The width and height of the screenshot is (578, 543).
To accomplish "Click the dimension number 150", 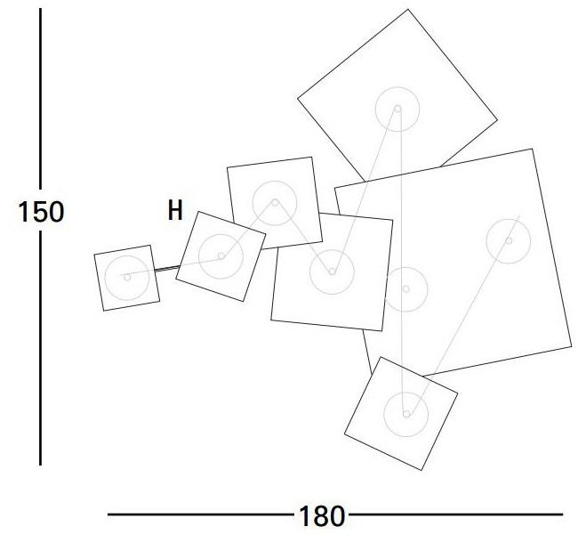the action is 41,212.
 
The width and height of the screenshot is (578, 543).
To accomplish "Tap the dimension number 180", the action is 321,515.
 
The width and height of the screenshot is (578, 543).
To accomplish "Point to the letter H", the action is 175,210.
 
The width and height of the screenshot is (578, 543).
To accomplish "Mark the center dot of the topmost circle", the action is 397,109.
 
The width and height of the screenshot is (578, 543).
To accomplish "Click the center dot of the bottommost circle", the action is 406,414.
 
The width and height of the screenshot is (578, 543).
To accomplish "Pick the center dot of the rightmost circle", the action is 509,240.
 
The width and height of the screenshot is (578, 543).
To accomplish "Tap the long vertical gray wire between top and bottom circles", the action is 403,261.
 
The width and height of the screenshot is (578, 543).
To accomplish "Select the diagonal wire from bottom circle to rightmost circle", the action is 464,314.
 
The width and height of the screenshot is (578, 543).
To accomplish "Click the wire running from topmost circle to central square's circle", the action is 365,190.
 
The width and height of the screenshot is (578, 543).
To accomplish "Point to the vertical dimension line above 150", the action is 40,99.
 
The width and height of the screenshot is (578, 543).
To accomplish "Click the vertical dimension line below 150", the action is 40,348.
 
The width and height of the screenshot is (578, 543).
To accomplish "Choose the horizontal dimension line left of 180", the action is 201,515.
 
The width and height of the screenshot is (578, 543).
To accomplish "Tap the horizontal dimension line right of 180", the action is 455,515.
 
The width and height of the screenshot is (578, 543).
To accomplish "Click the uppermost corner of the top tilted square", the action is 407,9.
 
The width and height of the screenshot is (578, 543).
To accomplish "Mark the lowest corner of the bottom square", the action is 421,470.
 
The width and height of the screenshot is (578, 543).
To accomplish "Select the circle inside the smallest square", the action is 105,278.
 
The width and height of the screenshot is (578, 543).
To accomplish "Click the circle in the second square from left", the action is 198,256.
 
